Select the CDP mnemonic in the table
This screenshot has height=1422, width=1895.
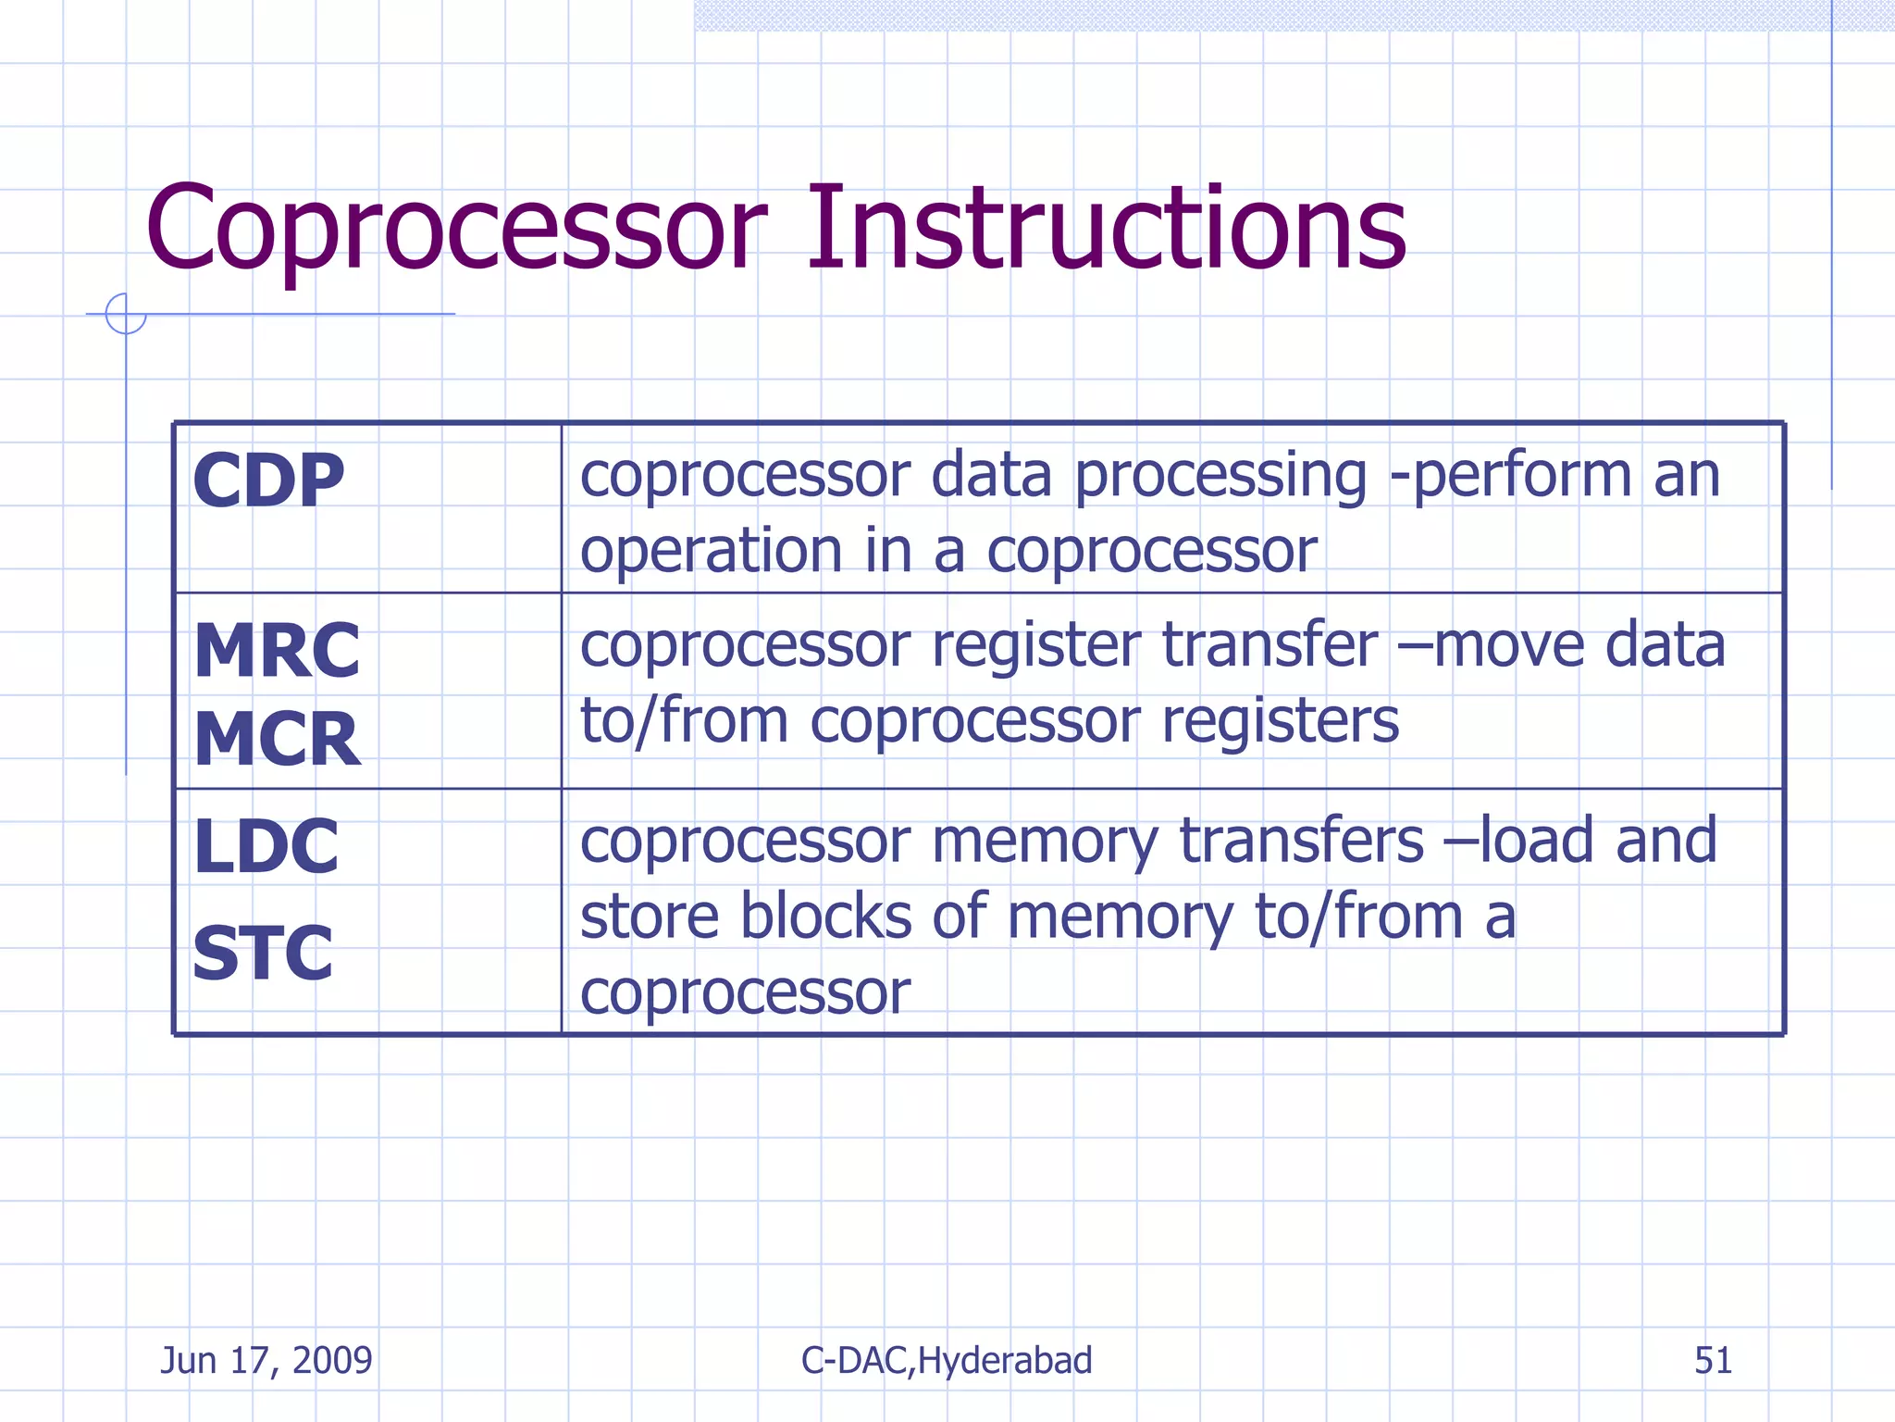(268, 481)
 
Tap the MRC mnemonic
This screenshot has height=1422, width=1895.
(277, 651)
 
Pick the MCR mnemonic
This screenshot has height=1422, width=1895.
(277, 740)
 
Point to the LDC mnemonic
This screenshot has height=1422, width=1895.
(266, 846)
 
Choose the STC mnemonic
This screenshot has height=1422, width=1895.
(263, 954)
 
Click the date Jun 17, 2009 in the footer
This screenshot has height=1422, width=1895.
(266, 1360)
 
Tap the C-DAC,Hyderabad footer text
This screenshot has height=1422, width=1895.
(947, 1360)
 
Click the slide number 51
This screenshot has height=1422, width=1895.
(1713, 1360)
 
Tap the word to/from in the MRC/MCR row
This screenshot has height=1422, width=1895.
(684, 721)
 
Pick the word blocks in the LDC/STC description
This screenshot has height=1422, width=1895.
(825, 917)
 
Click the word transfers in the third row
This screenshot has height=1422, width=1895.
(1301, 842)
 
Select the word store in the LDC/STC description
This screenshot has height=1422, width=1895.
(649, 917)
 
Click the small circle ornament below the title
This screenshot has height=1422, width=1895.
(126, 314)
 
